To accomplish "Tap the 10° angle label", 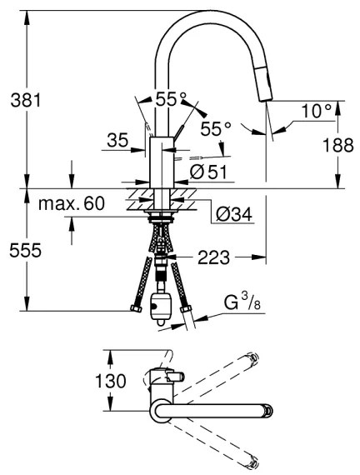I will tap(316, 109).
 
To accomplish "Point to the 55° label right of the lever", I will tap(215, 130).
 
